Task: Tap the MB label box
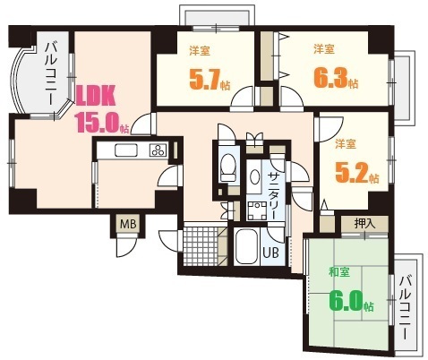coord(126,221)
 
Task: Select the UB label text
coord(270,252)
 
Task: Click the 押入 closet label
coord(364,224)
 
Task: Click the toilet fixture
coord(227,167)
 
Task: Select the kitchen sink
coord(125,150)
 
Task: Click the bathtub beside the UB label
coord(245,247)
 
